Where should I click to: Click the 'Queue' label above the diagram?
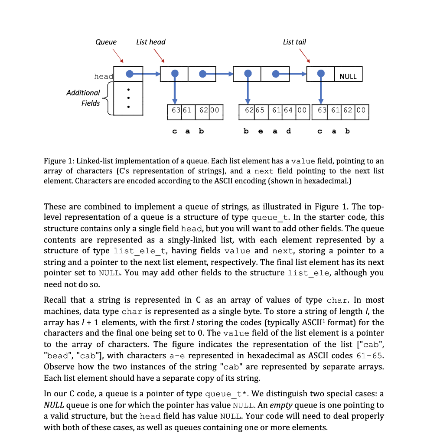tap(106, 42)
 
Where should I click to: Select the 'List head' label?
tap(150, 42)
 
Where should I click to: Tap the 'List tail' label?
tap(294, 42)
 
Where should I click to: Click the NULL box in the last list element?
tap(348, 76)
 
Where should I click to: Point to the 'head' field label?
tap(103, 76)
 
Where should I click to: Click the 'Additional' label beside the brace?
tap(83, 93)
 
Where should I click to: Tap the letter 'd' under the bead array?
tap(289, 131)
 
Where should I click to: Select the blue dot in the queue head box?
tap(129, 74)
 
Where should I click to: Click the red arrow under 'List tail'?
tap(304, 56)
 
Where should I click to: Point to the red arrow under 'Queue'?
tap(118, 56)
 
